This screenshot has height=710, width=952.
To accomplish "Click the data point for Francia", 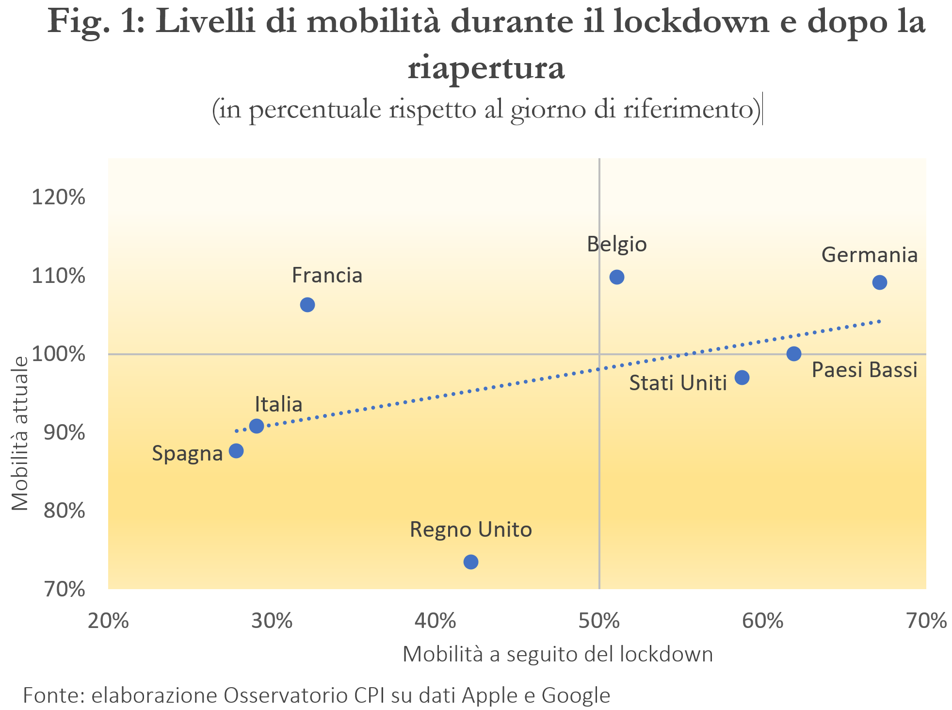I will pyautogui.click(x=307, y=305).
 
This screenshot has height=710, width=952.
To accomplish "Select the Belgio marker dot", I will pyautogui.click(x=616, y=277).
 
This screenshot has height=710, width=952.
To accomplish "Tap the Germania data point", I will pyautogui.click(x=880, y=282).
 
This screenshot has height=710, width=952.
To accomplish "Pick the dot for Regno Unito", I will pyautogui.click(x=471, y=562).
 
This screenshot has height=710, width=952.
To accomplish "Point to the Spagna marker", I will pyautogui.click(x=236, y=451).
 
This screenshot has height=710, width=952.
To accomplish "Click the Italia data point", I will pyautogui.click(x=257, y=426).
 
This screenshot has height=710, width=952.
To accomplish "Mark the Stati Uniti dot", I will pyautogui.click(x=742, y=378).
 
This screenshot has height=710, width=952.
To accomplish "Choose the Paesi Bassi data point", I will pyautogui.click(x=794, y=353).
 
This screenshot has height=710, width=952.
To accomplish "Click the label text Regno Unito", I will pyautogui.click(x=471, y=529).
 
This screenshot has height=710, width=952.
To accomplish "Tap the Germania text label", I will pyautogui.click(x=870, y=255).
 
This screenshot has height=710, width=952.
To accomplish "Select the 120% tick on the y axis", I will pyautogui.click(x=58, y=198).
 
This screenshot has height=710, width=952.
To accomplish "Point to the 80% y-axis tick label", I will pyautogui.click(x=64, y=511).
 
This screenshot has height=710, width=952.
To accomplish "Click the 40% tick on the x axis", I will pyautogui.click(x=436, y=621).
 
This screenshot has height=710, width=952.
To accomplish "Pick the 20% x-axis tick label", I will pyautogui.click(x=108, y=621).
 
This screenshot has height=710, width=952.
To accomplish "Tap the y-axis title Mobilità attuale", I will pyautogui.click(x=20, y=433).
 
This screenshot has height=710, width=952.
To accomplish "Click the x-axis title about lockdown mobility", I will pyautogui.click(x=558, y=654).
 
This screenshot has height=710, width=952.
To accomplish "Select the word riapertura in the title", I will pyautogui.click(x=486, y=67).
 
